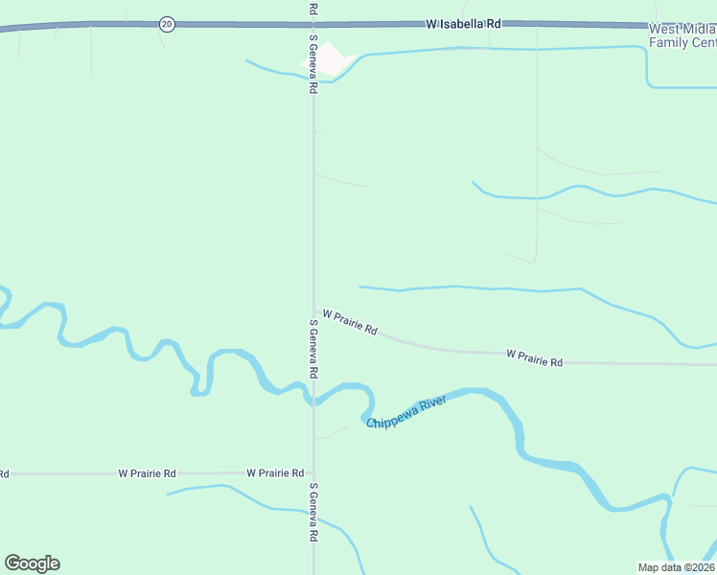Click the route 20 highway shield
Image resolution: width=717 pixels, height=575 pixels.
pyautogui.click(x=168, y=24)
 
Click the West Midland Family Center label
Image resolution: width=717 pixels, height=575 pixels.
pyautogui.click(x=682, y=35)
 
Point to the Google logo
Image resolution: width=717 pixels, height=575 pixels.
pyautogui.click(x=32, y=563)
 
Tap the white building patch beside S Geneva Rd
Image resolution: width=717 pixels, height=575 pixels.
pyautogui.click(x=325, y=59)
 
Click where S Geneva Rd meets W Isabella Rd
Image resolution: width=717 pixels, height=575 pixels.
pyautogui.click(x=313, y=23)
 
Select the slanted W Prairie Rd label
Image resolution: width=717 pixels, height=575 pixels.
pyautogui.click(x=350, y=322)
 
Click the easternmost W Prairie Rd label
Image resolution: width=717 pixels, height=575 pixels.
pyautogui.click(x=534, y=358)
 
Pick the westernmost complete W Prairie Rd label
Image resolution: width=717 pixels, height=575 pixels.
pyautogui.click(x=147, y=473)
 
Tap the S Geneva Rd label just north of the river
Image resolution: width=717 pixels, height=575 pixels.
pyautogui.click(x=313, y=348)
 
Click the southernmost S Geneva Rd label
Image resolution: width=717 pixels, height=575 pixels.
pyautogui.click(x=313, y=512)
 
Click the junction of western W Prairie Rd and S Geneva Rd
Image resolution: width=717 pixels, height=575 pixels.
pyautogui.click(x=313, y=473)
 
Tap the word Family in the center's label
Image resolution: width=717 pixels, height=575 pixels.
pyautogui.click(x=669, y=42)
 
